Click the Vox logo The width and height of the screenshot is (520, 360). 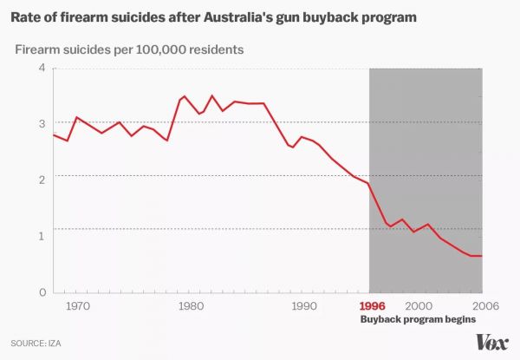coord(491,341)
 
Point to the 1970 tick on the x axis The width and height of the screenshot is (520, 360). coord(77,306)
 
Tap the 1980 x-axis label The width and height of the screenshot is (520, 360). coord(190,306)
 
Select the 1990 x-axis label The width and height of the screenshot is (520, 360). coord(303,306)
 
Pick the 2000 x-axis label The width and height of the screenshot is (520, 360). coord(419,306)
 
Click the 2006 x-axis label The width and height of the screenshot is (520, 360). coord(484,306)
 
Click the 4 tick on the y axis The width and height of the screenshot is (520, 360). coord(40,69)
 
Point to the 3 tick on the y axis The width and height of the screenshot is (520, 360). coord(40,124)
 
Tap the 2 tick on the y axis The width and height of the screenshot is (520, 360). coord(40,180)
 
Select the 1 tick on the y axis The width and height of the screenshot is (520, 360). coord(40,236)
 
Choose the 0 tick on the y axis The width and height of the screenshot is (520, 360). coord(40,292)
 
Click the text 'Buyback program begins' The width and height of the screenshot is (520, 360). coord(418,320)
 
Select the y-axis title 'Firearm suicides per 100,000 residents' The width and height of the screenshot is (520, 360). coord(128,49)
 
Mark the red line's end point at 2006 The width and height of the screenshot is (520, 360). coord(483,256)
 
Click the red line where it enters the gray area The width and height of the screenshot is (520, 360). coord(370,185)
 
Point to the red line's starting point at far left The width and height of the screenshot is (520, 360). coord(54,134)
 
